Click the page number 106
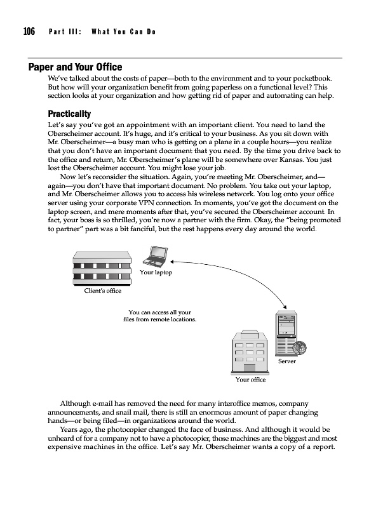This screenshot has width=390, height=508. pos(29,32)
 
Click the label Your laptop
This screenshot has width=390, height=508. pos(156,272)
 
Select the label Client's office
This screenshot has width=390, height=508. pos(103,291)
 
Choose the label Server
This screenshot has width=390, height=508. pos(287,361)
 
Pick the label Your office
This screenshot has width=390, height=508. pos(250,380)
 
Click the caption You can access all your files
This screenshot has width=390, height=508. pos(159,316)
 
